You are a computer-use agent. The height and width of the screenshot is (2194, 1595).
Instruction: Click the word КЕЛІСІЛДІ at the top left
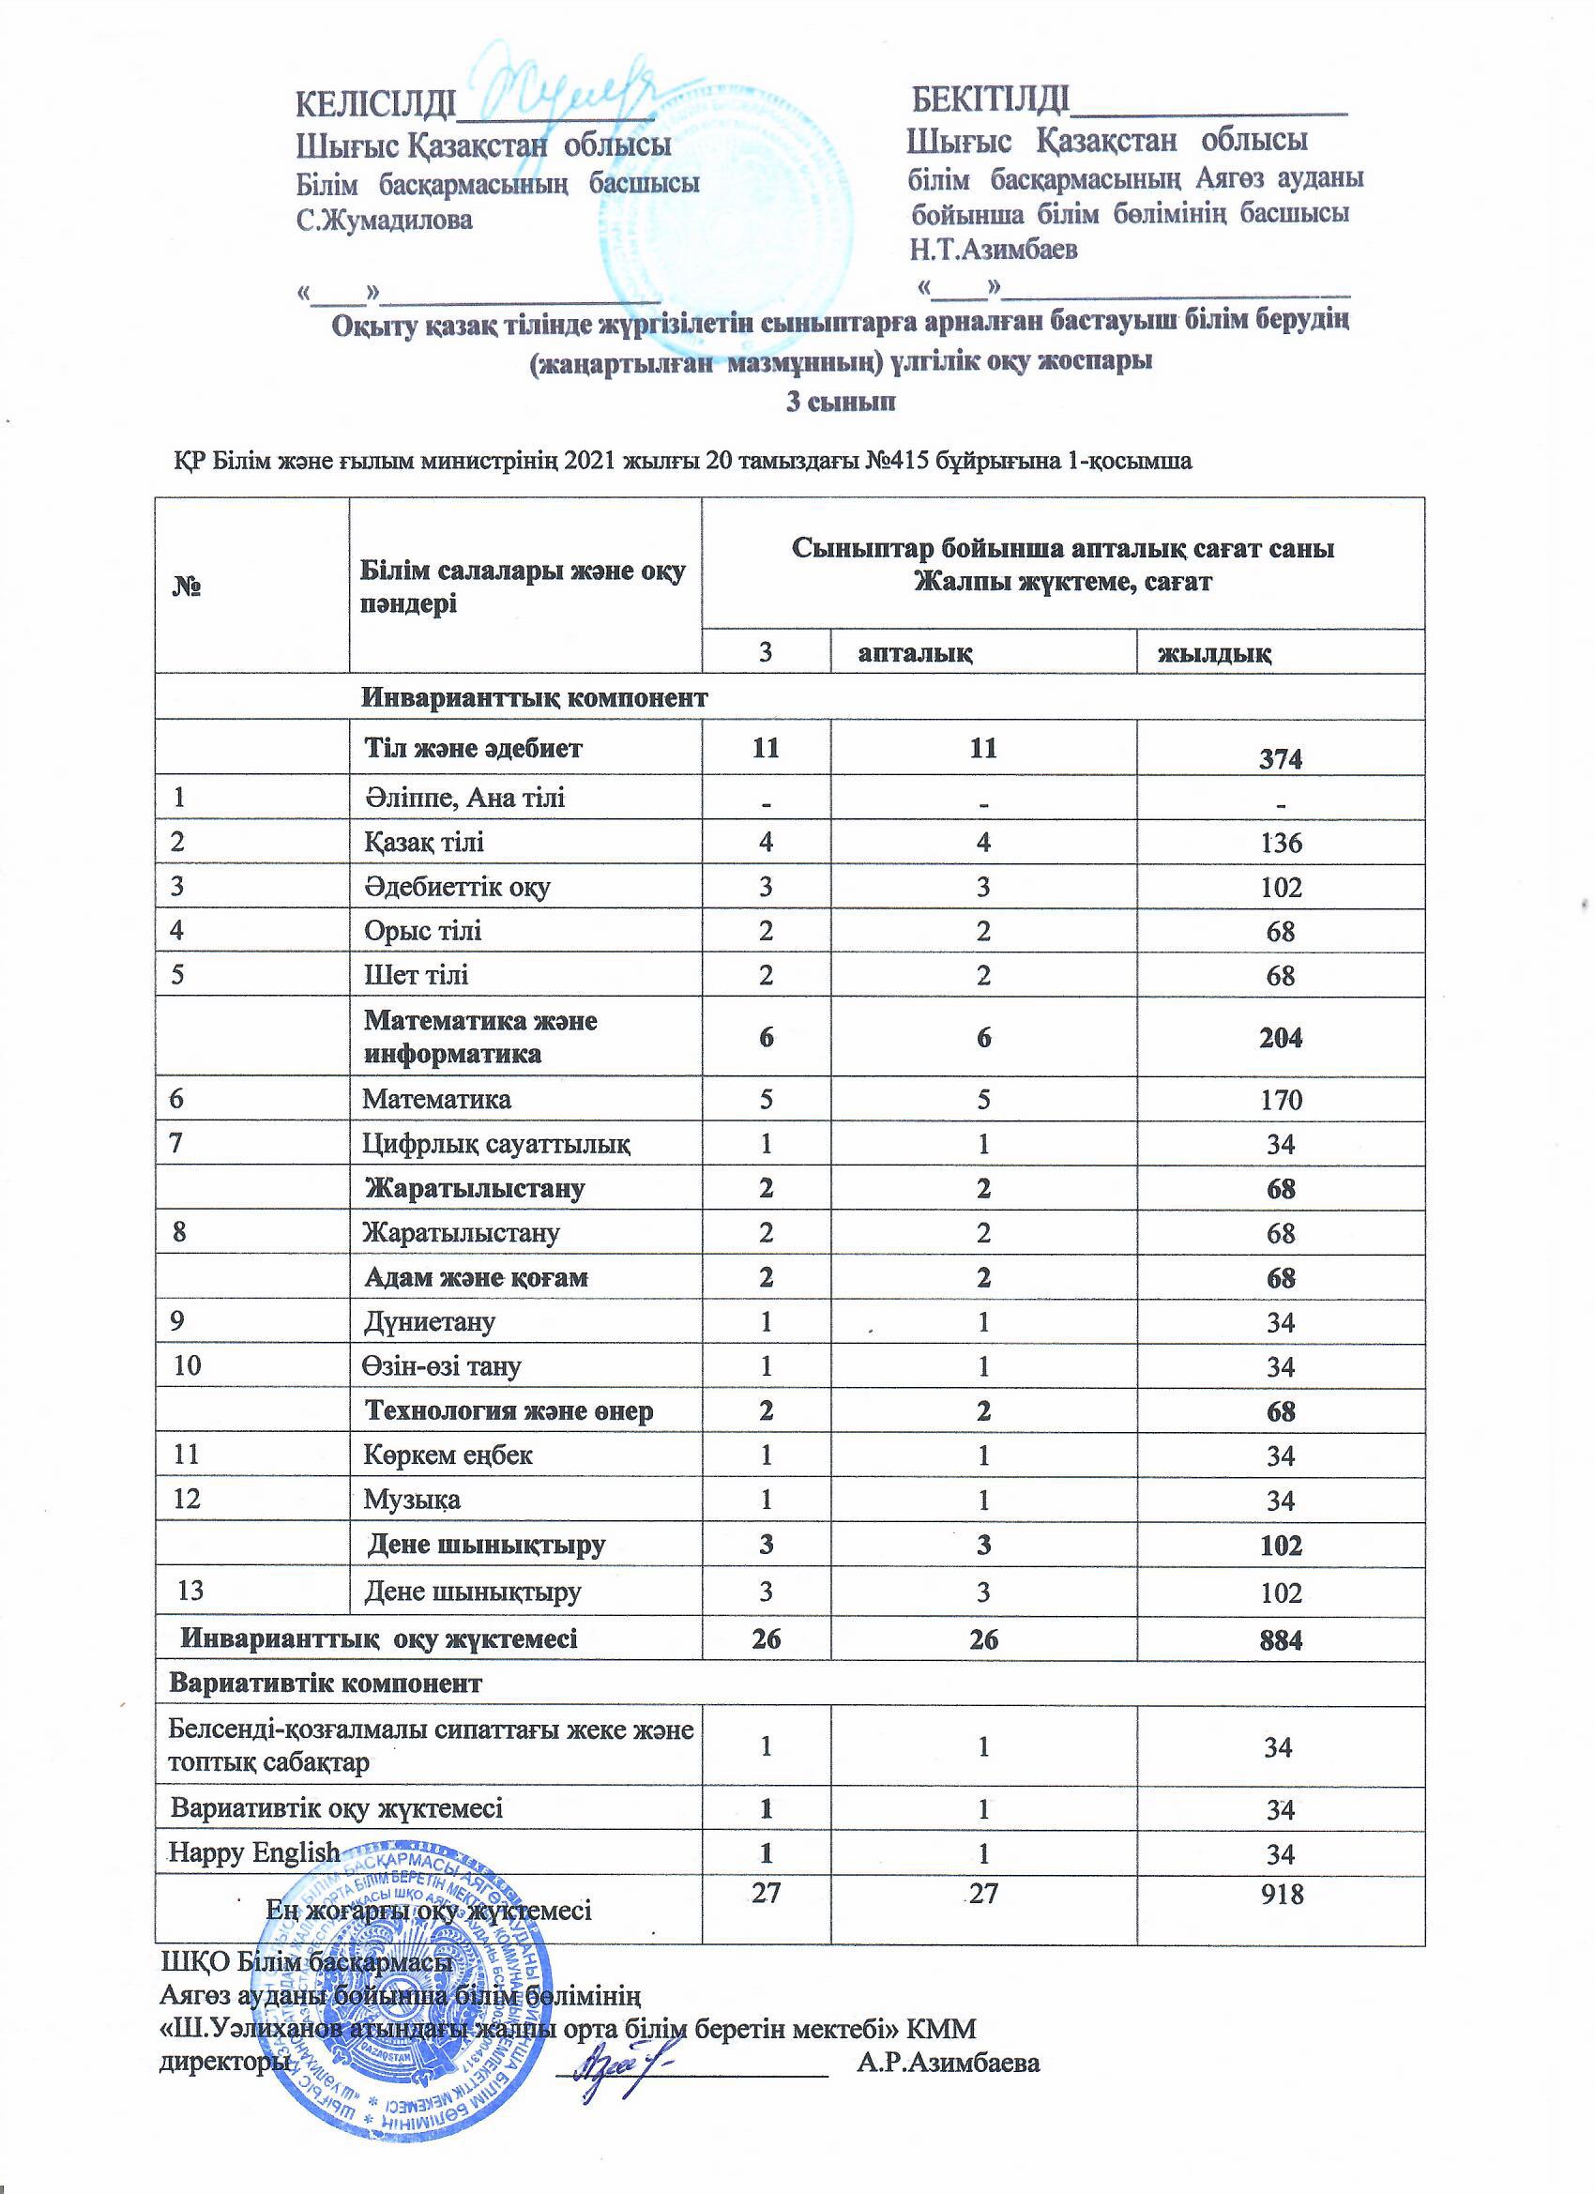[374, 103]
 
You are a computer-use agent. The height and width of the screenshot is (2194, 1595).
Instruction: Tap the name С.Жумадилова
[384, 220]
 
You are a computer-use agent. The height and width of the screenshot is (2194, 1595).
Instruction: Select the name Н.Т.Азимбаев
[994, 250]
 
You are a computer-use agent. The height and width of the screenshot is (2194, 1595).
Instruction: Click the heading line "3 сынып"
[840, 403]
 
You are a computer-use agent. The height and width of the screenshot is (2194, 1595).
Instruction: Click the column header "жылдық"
[1215, 653]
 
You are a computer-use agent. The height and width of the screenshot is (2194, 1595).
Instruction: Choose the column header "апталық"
[915, 653]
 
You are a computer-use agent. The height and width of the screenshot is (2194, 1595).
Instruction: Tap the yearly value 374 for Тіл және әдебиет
[1281, 759]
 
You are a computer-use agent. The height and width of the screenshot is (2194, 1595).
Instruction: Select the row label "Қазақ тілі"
[424, 842]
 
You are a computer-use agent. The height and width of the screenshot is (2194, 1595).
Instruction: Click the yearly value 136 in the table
[1281, 843]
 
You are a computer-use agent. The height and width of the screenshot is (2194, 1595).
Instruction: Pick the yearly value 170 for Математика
[1281, 1100]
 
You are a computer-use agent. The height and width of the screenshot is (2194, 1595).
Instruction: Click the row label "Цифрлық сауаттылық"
[496, 1145]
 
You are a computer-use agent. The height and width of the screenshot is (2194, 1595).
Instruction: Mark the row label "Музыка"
[411, 1501]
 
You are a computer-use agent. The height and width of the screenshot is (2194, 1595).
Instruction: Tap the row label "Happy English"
[254, 1852]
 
